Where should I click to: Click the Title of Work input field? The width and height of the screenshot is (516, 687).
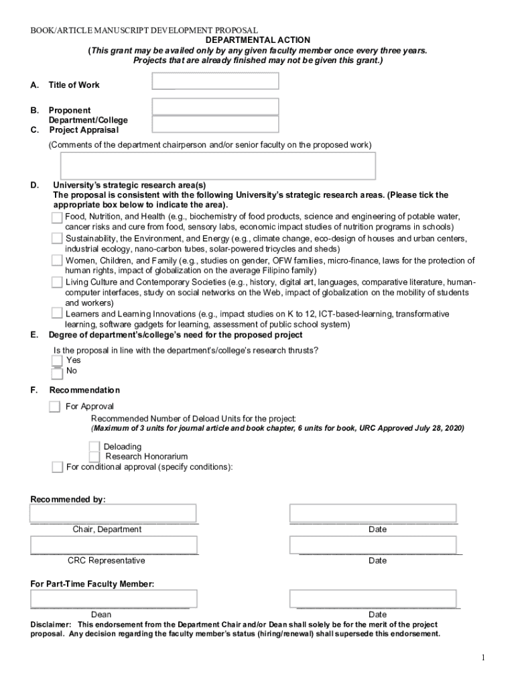point(215,81)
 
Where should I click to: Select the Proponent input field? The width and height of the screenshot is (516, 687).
point(215,107)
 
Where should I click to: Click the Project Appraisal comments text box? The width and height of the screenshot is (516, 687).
point(218,166)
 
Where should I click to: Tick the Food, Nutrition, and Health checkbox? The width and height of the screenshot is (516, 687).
point(57,217)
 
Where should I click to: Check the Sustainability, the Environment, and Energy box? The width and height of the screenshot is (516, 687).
point(58,239)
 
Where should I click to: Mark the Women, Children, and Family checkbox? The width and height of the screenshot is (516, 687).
point(58,260)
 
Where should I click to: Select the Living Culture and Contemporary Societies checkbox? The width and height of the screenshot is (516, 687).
point(58,282)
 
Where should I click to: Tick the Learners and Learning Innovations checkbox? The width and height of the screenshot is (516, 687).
point(58,314)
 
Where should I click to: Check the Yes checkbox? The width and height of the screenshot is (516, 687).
point(58,360)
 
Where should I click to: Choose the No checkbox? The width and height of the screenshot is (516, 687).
point(58,372)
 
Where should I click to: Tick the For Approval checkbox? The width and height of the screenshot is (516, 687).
point(54,407)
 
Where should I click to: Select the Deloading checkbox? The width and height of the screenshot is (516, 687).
point(94,447)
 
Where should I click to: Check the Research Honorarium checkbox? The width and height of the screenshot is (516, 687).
point(94,457)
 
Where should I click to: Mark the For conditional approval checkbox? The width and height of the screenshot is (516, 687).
point(58,467)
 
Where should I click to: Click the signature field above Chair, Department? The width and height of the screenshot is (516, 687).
point(113,513)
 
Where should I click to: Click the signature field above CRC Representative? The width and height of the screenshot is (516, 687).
point(113,545)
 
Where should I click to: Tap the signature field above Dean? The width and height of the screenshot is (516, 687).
point(113,598)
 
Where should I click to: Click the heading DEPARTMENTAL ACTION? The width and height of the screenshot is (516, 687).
point(258,40)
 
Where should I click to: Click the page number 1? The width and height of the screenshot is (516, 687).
point(482,658)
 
